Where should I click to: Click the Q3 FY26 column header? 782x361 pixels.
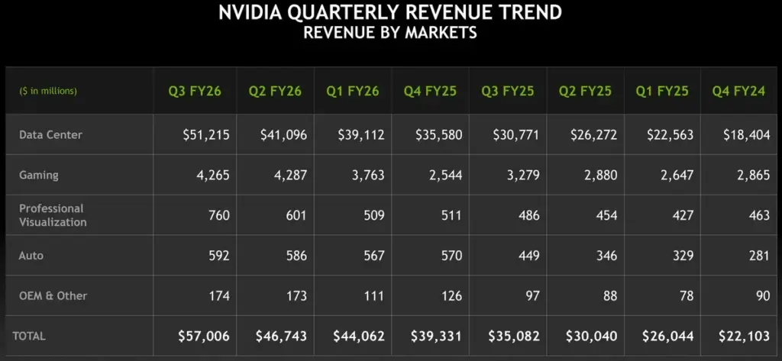[x=195, y=91]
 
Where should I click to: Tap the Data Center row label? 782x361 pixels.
[x=50, y=134]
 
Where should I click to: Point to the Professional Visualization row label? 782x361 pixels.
[x=53, y=214]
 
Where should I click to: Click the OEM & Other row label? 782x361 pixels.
[x=53, y=295]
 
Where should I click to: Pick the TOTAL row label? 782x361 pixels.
[x=29, y=336]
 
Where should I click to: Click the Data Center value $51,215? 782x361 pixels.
[x=206, y=134]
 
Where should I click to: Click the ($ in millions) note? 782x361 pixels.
[x=48, y=91]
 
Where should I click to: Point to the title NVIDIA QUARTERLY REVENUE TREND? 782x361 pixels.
[x=390, y=13]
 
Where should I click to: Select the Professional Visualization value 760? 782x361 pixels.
[x=219, y=215]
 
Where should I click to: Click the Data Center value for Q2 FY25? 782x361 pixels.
[x=593, y=134]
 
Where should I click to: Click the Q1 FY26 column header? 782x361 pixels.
[x=352, y=91]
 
